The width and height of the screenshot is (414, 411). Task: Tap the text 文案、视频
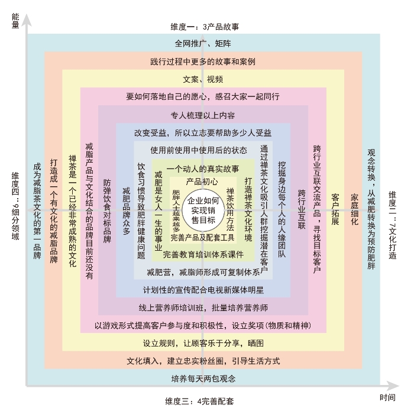pos(203,79)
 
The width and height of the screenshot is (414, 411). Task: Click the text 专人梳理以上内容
pos(203,115)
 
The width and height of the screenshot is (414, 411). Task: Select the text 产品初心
pos(202,182)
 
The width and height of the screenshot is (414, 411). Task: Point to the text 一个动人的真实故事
pos(202,169)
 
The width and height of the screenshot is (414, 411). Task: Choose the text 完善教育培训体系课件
pos(203,254)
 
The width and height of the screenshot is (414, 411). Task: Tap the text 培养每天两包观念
pos(203,378)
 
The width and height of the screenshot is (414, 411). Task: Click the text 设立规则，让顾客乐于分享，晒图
pos(203,343)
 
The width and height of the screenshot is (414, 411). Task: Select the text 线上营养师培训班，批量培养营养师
pos(203,308)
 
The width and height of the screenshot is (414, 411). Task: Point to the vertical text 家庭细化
pos(354,210)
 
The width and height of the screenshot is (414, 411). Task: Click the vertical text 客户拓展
pos(335,210)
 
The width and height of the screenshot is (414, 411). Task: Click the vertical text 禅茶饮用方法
pos(231,210)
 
